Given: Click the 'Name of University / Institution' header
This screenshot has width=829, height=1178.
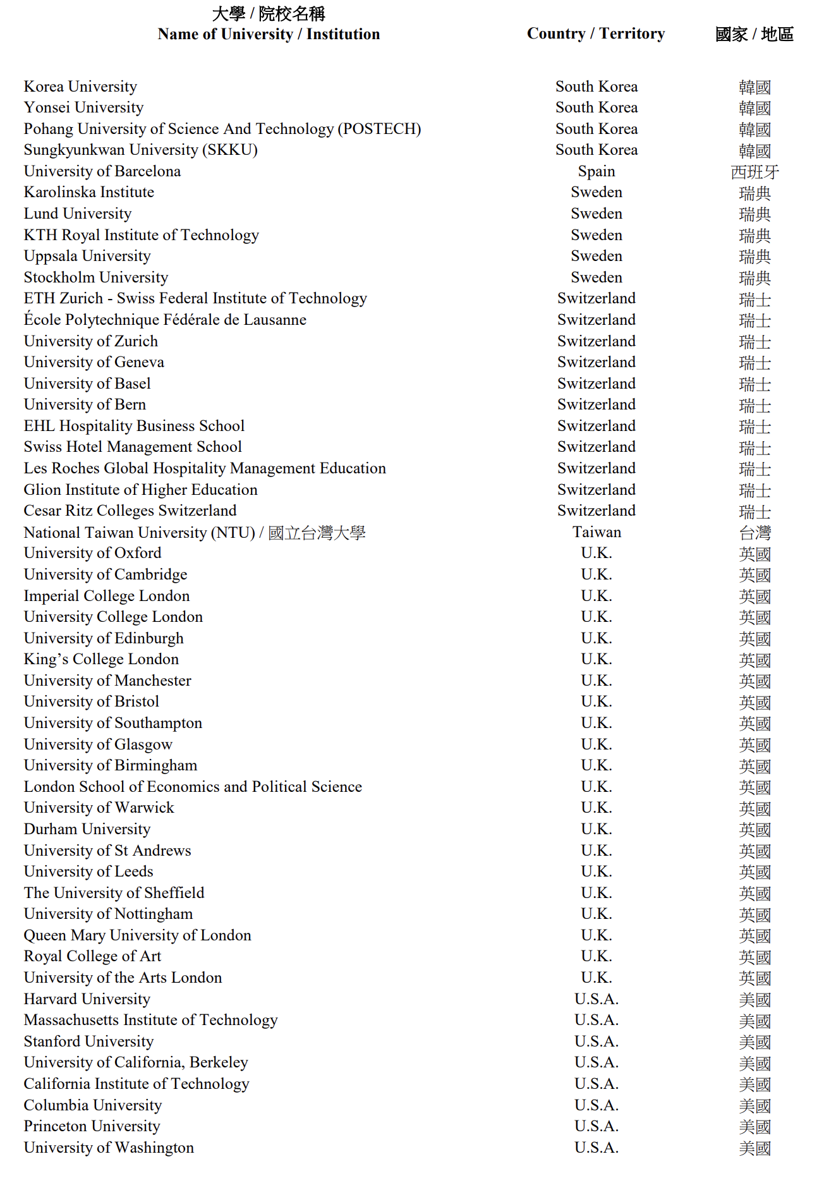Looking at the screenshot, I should pyautogui.click(x=269, y=34).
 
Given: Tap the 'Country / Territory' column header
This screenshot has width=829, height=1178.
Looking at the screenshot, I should pyautogui.click(x=596, y=33).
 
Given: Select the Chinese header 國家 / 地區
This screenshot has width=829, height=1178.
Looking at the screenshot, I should pyautogui.click(x=754, y=34).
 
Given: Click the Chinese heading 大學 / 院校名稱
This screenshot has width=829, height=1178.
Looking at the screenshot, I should pyautogui.click(x=269, y=13).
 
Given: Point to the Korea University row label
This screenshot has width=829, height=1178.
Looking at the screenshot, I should pyautogui.click(x=80, y=87).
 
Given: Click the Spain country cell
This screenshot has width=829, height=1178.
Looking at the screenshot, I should pyautogui.click(x=596, y=171).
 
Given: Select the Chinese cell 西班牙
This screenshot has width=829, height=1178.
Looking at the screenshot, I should pyautogui.click(x=754, y=172).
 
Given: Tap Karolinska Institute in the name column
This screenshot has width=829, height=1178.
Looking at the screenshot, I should pyautogui.click(x=88, y=192).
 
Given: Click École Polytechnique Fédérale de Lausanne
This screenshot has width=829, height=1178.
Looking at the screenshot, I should pyautogui.click(x=165, y=320).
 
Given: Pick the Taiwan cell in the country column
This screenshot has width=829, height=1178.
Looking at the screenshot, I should pyautogui.click(x=596, y=532).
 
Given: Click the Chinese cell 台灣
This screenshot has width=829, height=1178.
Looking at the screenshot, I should pyautogui.click(x=754, y=533).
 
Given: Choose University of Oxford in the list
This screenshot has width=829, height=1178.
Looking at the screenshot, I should pyautogui.click(x=92, y=553).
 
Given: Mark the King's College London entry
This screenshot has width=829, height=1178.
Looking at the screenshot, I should pyautogui.click(x=101, y=659).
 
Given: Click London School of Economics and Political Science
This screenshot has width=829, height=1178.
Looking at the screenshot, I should pyautogui.click(x=193, y=787).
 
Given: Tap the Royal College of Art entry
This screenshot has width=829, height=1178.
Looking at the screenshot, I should pyautogui.click(x=92, y=956).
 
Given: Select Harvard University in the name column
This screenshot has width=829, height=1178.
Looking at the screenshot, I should pyautogui.click(x=87, y=999).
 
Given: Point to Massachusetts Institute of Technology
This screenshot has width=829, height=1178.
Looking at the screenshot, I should pyautogui.click(x=150, y=1020).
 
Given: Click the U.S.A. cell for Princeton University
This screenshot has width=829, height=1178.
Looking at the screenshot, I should pyautogui.click(x=596, y=1126).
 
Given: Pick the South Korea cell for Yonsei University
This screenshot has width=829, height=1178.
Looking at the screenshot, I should pyautogui.click(x=596, y=107).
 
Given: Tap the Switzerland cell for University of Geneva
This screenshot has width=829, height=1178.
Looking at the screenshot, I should pyautogui.click(x=596, y=362).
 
